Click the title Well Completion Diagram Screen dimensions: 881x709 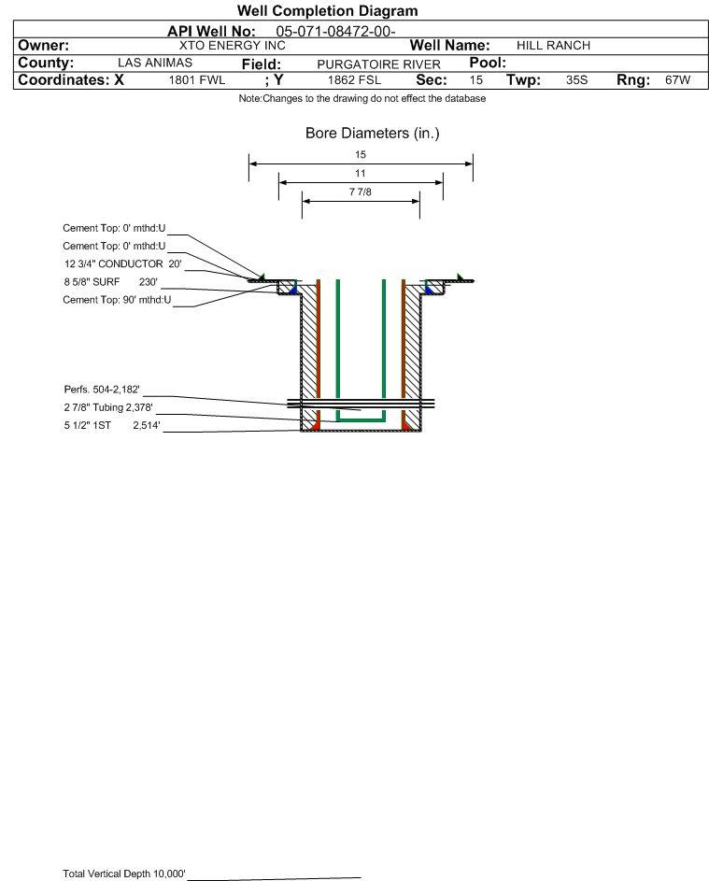(327, 11)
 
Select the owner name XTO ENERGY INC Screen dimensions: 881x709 (232, 46)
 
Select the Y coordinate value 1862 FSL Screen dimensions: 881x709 (354, 81)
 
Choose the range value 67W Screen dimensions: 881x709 (677, 81)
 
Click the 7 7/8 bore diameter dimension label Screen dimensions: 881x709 (361, 192)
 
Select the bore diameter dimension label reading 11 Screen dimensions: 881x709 (361, 174)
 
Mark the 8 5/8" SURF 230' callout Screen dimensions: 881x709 (109, 280)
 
